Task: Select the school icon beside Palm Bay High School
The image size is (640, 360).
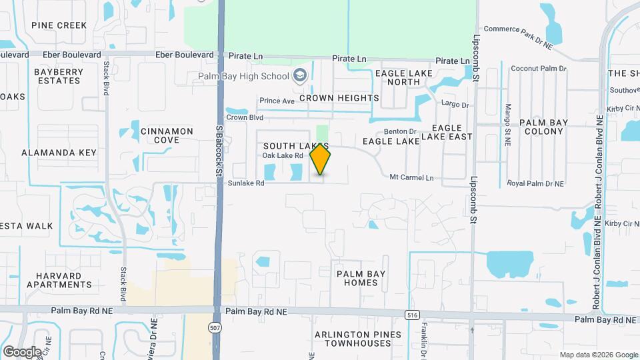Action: [299, 75]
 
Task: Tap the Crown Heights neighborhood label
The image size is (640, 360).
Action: [339, 98]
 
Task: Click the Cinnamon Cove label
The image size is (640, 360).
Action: [167, 135]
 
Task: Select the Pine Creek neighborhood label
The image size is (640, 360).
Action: [59, 25]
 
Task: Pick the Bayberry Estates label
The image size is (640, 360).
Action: [57, 76]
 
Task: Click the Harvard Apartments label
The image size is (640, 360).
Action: [59, 280]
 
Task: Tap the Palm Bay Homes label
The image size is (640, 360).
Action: [361, 278]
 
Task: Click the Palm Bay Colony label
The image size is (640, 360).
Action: [543, 127]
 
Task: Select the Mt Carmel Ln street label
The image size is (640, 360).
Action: [411, 177]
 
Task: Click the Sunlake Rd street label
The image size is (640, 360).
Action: [246, 183]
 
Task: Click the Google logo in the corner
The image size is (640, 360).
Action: [22, 351]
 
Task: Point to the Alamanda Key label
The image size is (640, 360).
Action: [59, 153]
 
